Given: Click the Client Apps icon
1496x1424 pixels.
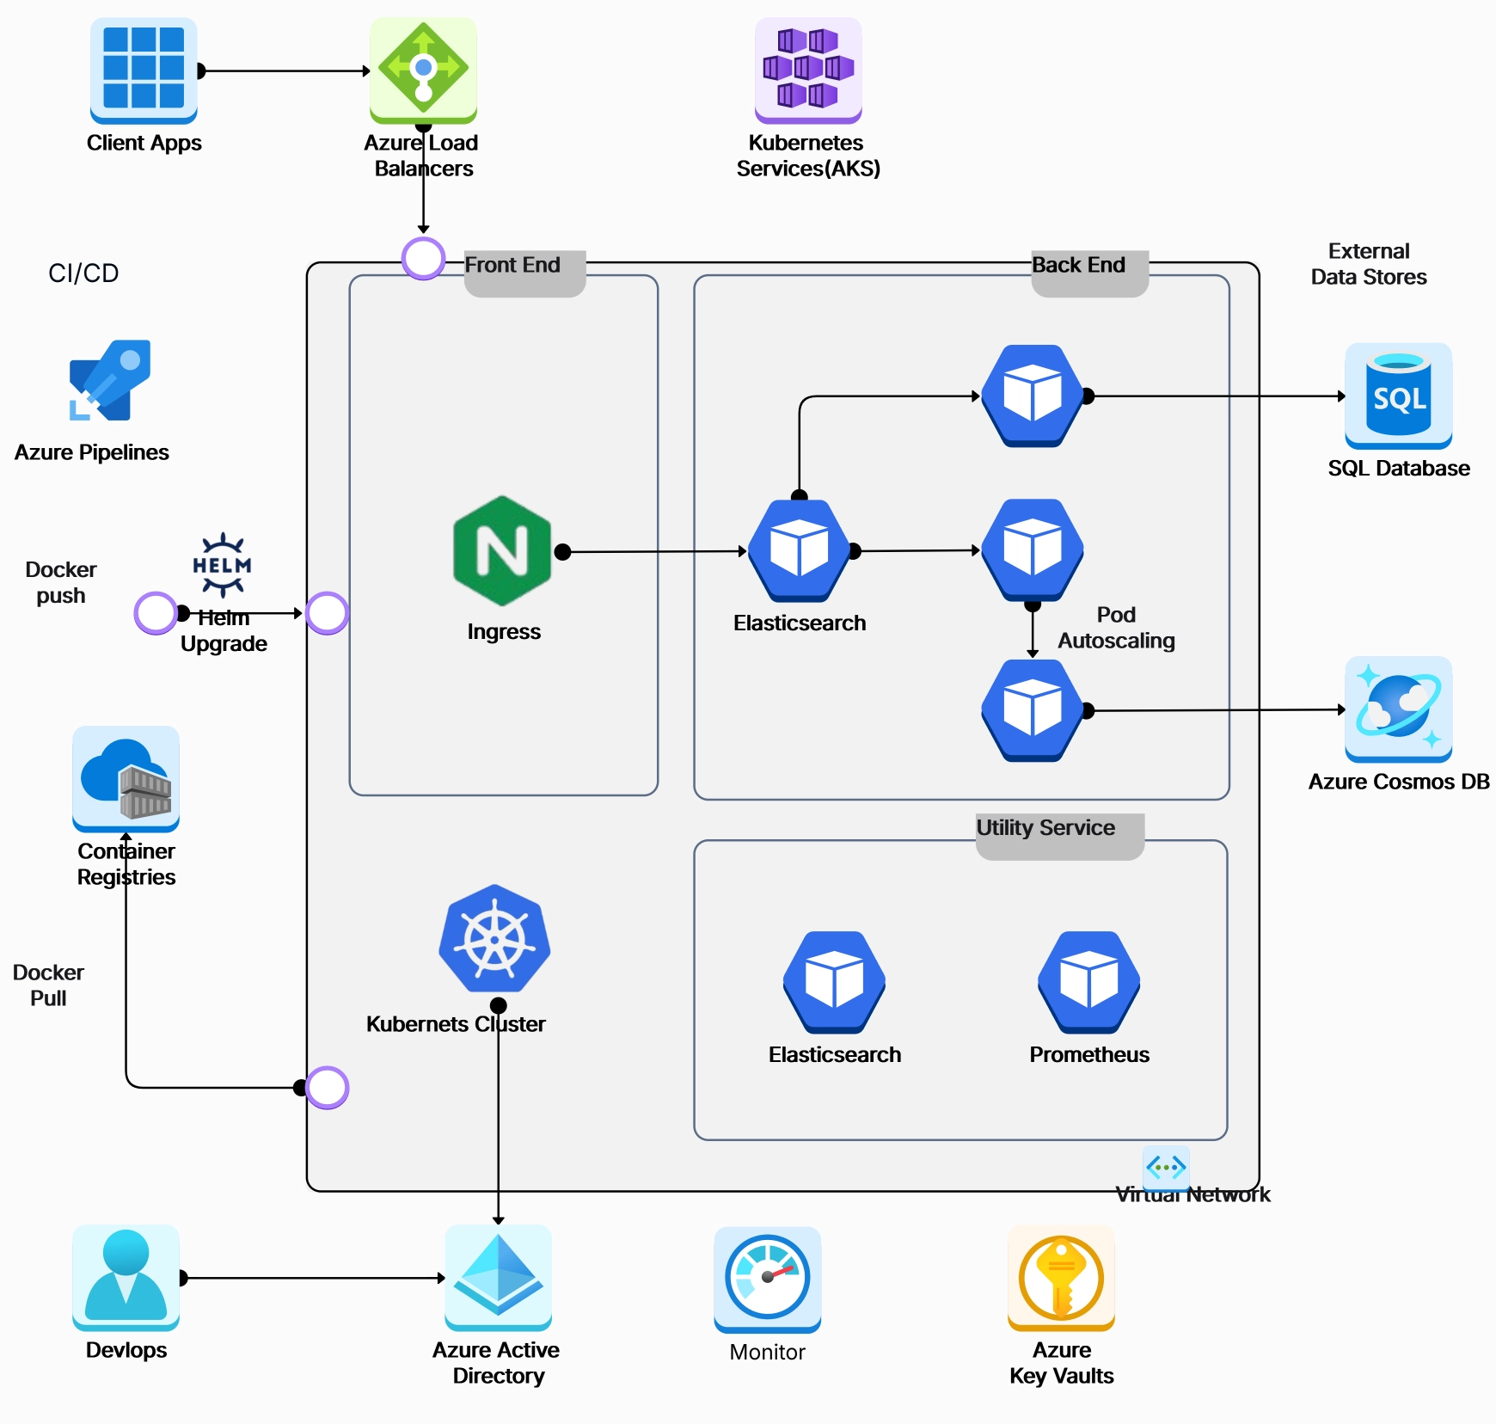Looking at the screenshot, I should pyautogui.click(x=144, y=69).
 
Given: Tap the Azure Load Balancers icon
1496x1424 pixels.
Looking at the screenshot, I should pyautogui.click(x=423, y=69).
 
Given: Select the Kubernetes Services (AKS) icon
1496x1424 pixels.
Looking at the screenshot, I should pyautogui.click(x=807, y=69).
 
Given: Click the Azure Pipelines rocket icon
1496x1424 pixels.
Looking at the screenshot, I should pyautogui.click(x=110, y=380).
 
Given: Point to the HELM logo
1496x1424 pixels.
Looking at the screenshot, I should pyautogui.click(x=222, y=565).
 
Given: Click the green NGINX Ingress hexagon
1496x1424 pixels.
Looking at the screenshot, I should pyautogui.click(x=502, y=550).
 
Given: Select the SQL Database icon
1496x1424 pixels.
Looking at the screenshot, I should pyautogui.click(x=1398, y=396).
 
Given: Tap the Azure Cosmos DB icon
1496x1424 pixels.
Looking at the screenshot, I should pyautogui.click(x=1398, y=709).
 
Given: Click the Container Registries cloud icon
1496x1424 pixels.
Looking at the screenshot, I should pyautogui.click(x=126, y=777).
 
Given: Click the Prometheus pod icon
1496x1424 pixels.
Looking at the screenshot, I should pyautogui.click(x=1088, y=981).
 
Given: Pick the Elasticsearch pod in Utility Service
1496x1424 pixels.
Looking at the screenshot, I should pyautogui.click(x=834, y=981).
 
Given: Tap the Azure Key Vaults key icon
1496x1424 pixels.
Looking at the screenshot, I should pyautogui.click(x=1061, y=1277).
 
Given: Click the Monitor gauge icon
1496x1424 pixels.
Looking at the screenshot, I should pyautogui.click(x=767, y=1278).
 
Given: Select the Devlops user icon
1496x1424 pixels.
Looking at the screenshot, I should pyautogui.click(x=126, y=1276).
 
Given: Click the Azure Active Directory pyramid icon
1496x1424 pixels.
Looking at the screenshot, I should pyautogui.click(x=498, y=1276).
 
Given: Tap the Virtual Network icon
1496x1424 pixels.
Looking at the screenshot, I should pyautogui.click(x=1166, y=1167).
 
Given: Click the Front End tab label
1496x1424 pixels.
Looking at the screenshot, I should pyautogui.click(x=513, y=265).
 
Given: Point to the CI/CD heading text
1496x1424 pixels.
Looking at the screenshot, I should pyautogui.click(x=83, y=273).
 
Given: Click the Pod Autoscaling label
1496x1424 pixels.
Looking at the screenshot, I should pyautogui.click(x=1116, y=628).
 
